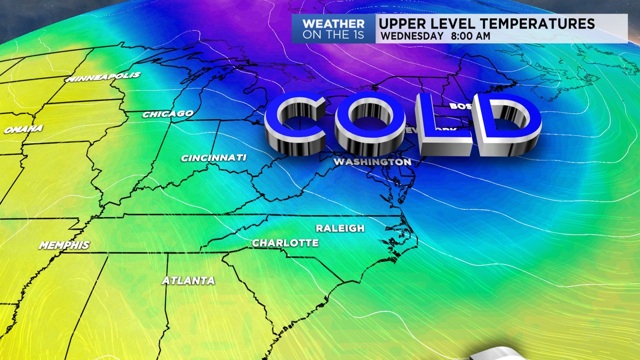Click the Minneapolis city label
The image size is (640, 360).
click(x=103, y=77)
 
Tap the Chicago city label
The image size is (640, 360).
click(x=167, y=114)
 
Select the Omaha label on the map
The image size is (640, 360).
click(x=23, y=129)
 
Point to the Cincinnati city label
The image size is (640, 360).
click(x=213, y=158)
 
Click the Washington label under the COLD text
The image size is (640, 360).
click(x=372, y=162)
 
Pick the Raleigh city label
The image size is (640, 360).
click(x=340, y=228)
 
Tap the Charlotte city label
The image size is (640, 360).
click(x=285, y=243)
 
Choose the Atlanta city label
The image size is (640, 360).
click(x=188, y=281)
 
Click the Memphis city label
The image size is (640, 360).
click(x=64, y=245)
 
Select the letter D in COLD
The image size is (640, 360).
click(x=507, y=125)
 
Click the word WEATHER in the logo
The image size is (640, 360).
click(x=333, y=23)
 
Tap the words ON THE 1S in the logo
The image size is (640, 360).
click(x=333, y=35)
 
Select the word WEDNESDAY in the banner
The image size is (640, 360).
click(x=411, y=36)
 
